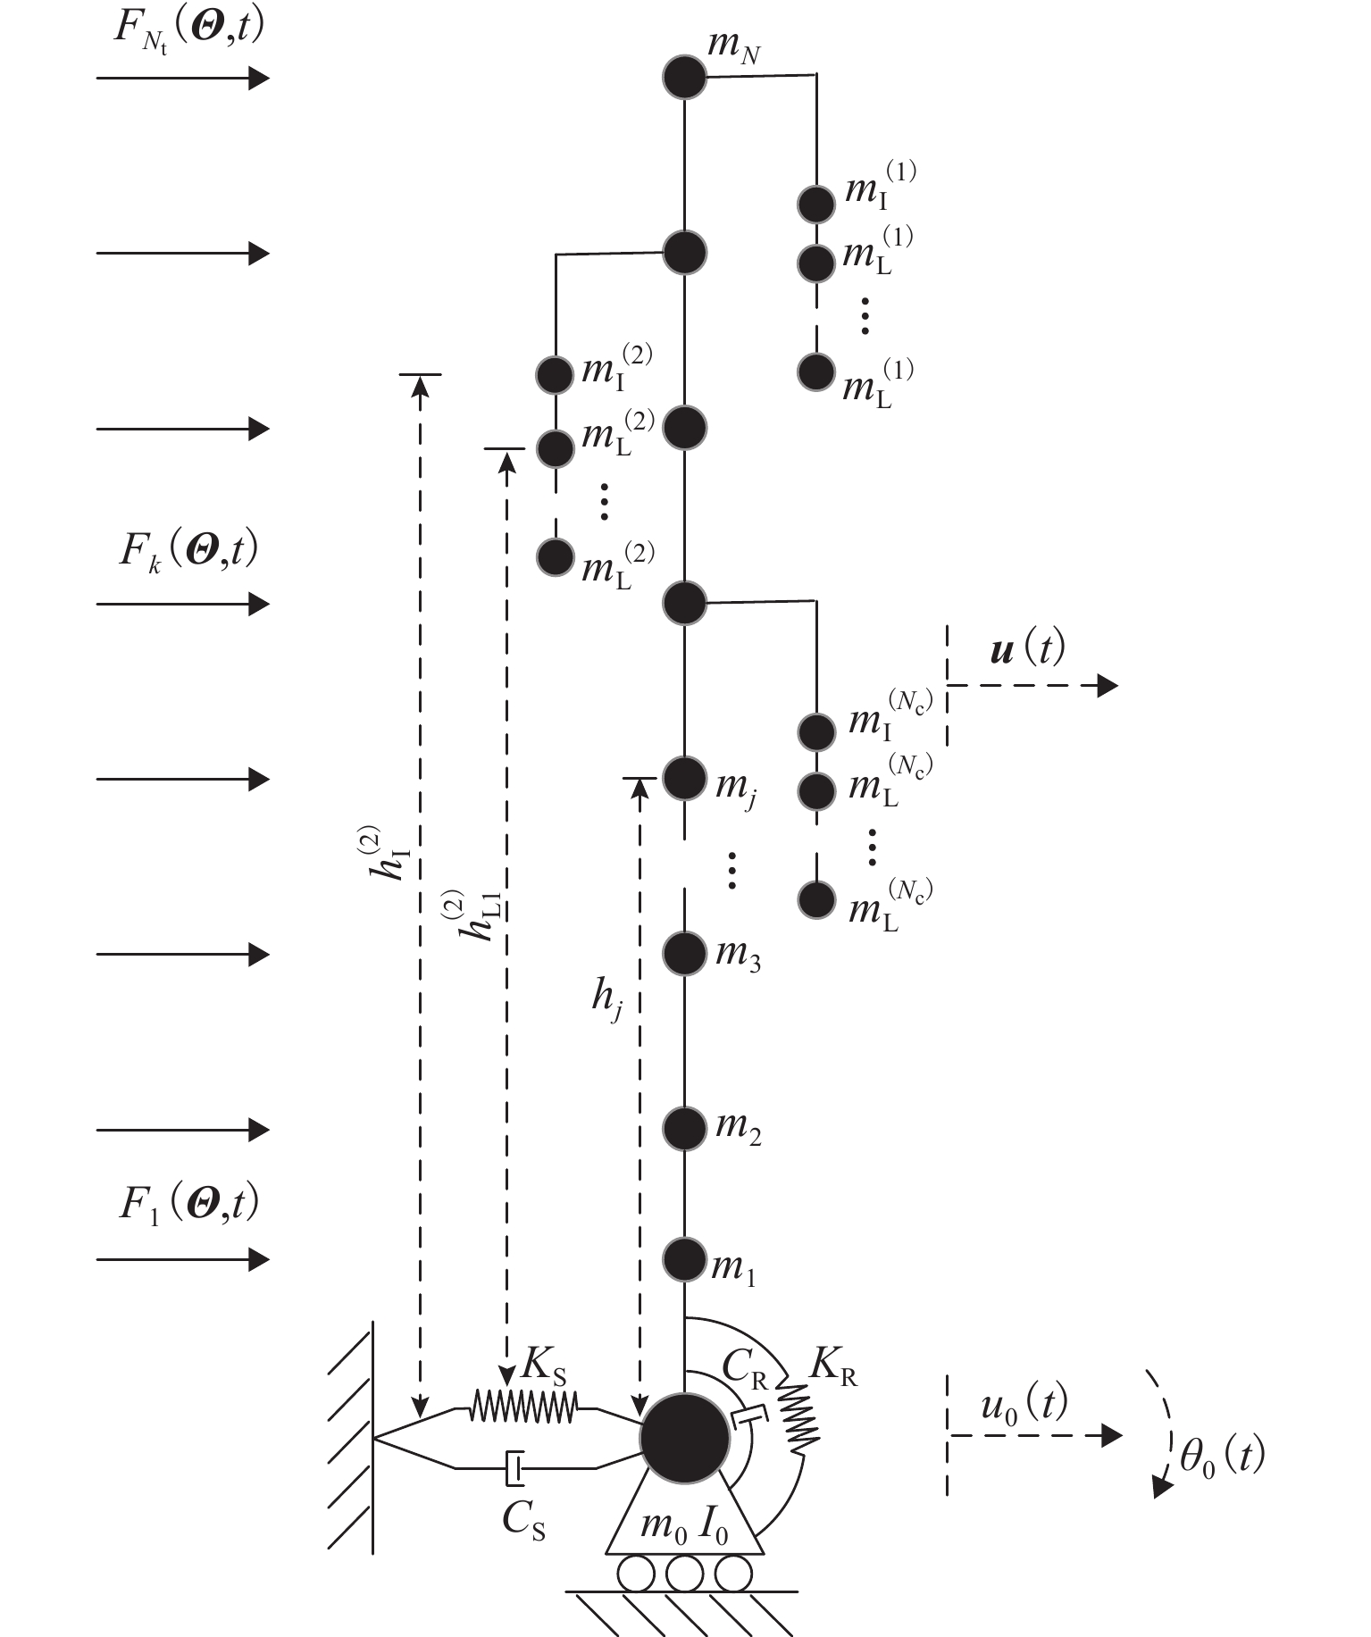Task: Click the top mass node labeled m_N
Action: tap(684, 78)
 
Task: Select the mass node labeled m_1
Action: tap(684, 1259)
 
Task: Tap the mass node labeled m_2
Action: tap(684, 1129)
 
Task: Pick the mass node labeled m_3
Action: tap(684, 953)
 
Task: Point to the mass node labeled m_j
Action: tap(684, 778)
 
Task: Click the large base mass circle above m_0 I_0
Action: tap(685, 1436)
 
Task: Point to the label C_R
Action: tap(746, 1367)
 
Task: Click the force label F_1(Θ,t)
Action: tap(188, 1204)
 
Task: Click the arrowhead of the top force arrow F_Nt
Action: tap(259, 79)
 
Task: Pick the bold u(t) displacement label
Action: tap(1027, 649)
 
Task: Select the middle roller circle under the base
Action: tap(684, 1574)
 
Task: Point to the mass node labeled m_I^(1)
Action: tap(815, 204)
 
